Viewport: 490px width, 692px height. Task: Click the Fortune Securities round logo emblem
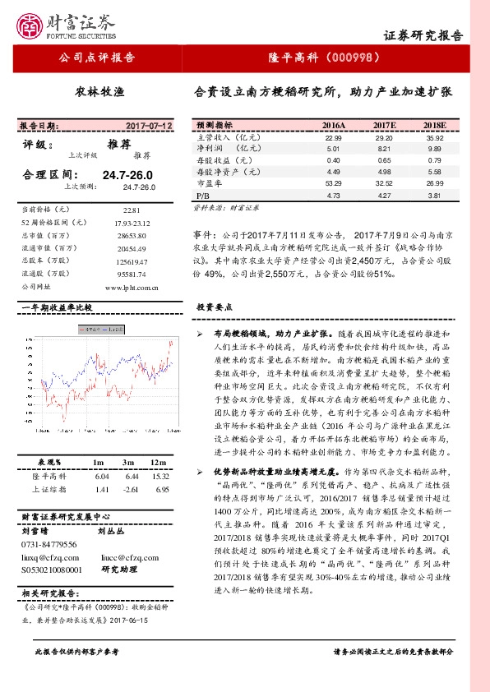coord(32,25)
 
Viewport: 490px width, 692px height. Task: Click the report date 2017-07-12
coord(150,126)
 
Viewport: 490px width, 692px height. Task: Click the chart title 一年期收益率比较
coord(57,307)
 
